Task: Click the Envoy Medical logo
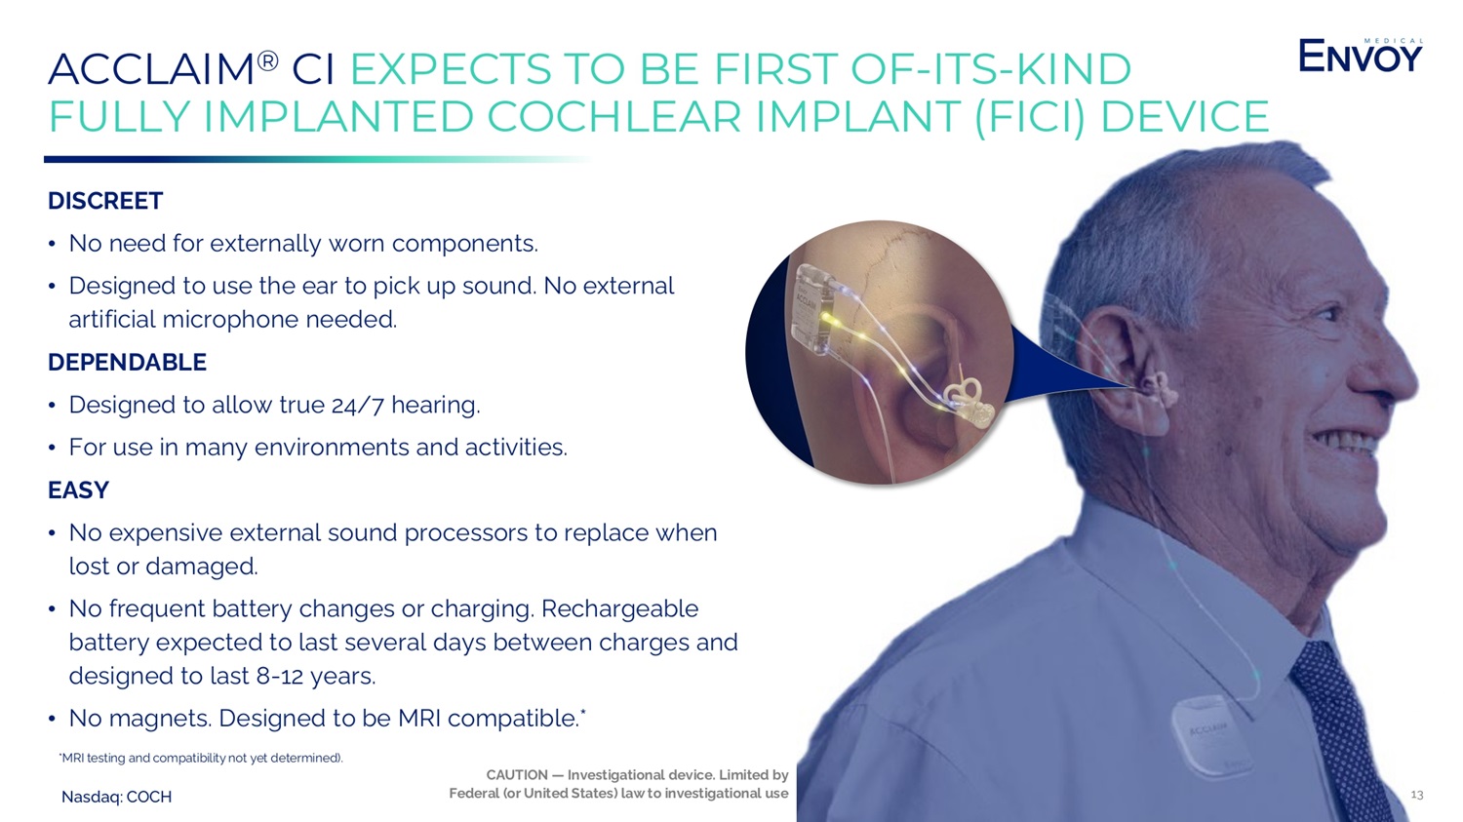click(1361, 56)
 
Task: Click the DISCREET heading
click(105, 201)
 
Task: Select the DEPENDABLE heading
click(128, 363)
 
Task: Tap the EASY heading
click(78, 490)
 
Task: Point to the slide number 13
click(1416, 795)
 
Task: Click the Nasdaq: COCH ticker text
click(116, 798)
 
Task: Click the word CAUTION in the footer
click(517, 775)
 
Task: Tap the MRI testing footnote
click(201, 758)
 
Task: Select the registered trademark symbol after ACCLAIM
click(268, 61)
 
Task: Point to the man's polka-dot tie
click(1339, 724)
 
